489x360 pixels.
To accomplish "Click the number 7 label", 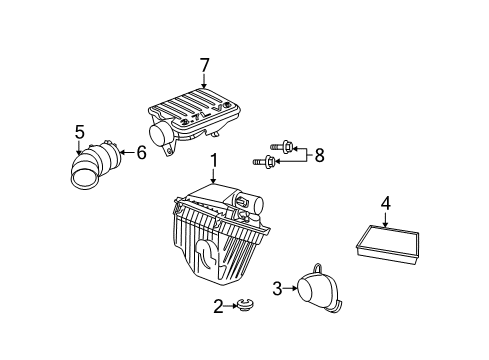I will pyautogui.click(x=204, y=65).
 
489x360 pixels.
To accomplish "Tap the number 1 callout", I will pyautogui.click(x=213, y=160).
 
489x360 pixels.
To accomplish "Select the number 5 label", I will pyautogui.click(x=80, y=130).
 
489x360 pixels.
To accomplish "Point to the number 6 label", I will pyautogui.click(x=141, y=152).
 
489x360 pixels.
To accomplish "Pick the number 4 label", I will pyautogui.click(x=385, y=204).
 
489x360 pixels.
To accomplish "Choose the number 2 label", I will pyautogui.click(x=218, y=306).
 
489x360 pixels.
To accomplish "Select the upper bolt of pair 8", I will pyautogui.click(x=285, y=146).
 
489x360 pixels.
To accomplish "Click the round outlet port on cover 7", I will pyautogui.click(x=160, y=134).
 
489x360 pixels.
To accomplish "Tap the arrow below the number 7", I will pyautogui.click(x=204, y=81).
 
